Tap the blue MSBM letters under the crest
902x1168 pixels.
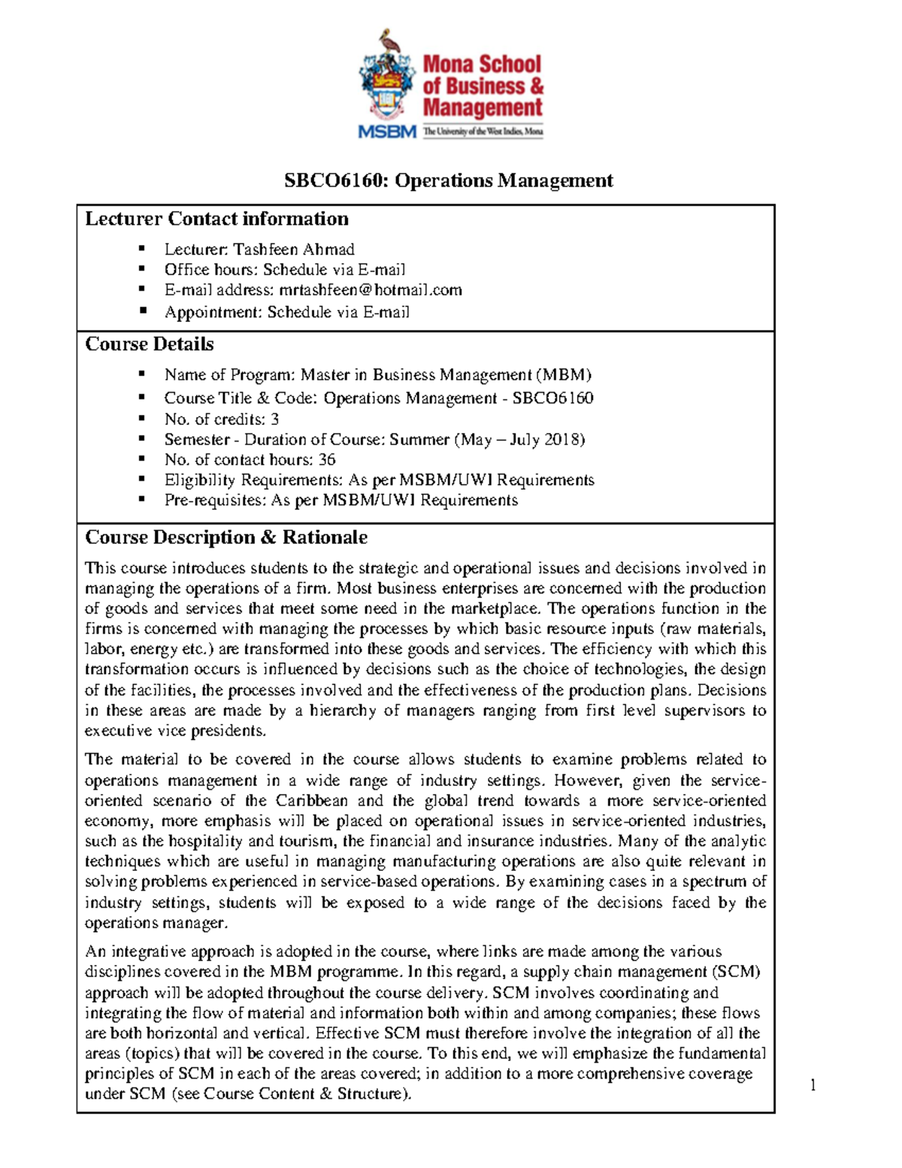coord(387,132)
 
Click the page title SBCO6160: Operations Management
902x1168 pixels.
coord(448,181)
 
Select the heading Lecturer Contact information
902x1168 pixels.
coord(216,219)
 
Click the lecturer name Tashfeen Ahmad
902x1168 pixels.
coord(293,249)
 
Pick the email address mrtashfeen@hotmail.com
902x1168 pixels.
coord(370,290)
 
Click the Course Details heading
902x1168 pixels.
coord(149,344)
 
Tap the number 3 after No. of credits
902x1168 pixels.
coord(274,419)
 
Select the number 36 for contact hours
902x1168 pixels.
coord(326,460)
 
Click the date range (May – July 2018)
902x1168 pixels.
coord(519,439)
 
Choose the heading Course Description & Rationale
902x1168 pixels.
coord(225,538)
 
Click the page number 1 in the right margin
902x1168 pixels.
coord(813,1085)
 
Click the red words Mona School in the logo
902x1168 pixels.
coord(481,65)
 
